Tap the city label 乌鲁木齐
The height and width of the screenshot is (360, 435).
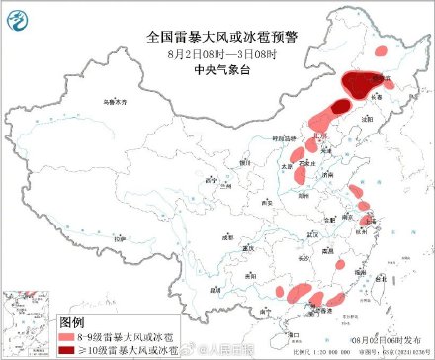click(x=119, y=102)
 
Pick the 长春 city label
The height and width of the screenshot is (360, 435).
click(x=380, y=97)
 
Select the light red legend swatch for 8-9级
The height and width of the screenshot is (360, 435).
click(x=68, y=337)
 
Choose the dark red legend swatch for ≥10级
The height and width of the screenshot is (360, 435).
click(x=68, y=349)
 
